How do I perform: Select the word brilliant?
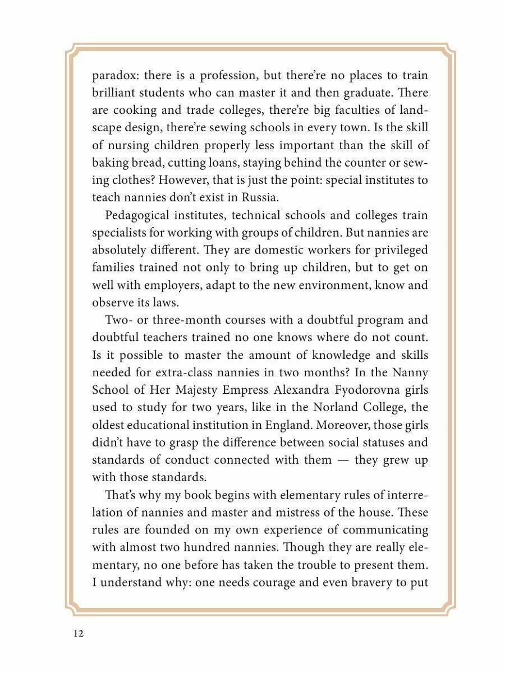tap(115, 93)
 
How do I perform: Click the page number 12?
tap(78, 634)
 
